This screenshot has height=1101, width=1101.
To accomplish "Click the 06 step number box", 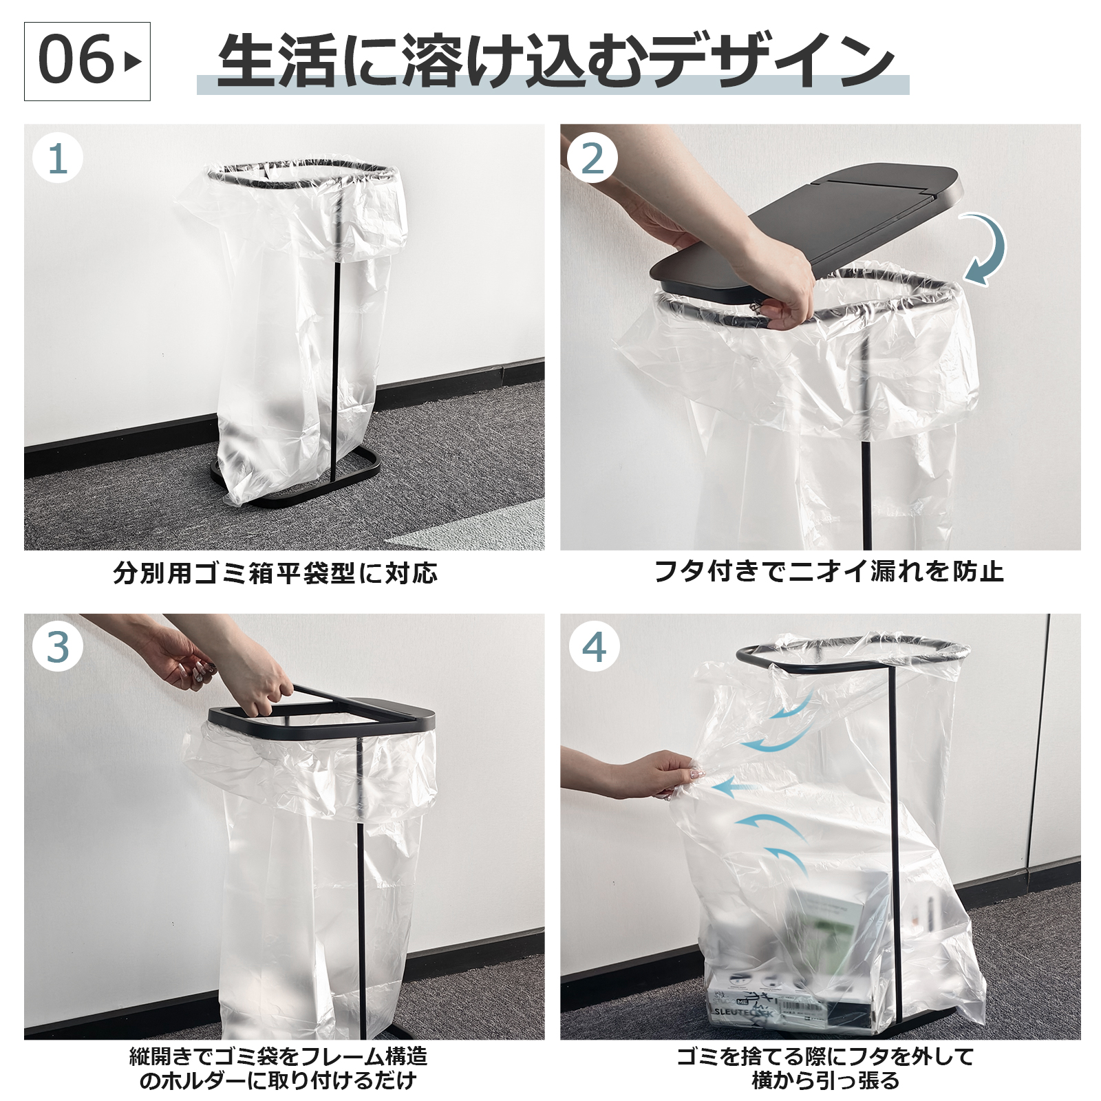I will (x=87, y=61).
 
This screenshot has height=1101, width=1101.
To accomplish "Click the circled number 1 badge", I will (x=58, y=158).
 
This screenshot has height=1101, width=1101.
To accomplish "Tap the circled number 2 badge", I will (x=592, y=158).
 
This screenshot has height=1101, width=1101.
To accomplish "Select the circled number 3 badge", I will (x=58, y=648).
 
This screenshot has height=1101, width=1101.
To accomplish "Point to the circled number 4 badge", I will (x=594, y=648).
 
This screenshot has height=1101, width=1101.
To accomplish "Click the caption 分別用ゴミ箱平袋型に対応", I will (x=275, y=573).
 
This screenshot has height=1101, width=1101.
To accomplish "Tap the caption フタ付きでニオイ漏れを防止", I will (x=828, y=571).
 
